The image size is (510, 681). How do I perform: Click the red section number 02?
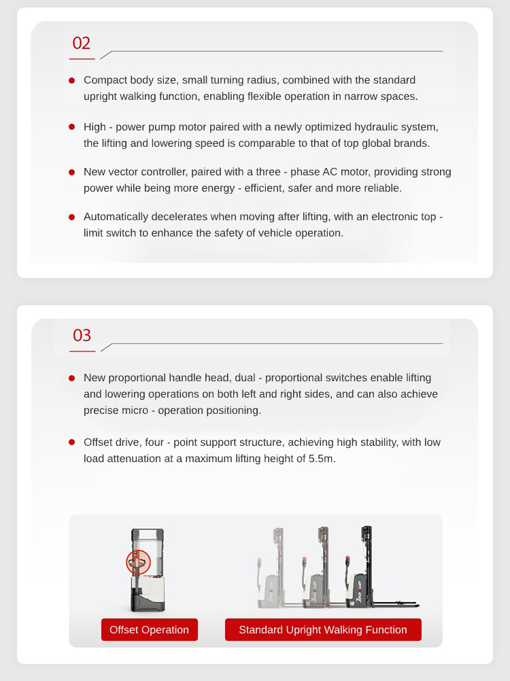[81, 43]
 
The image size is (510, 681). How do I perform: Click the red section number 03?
[82, 335]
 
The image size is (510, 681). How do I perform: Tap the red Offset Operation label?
[150, 630]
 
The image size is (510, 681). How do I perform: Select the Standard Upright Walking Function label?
[323, 630]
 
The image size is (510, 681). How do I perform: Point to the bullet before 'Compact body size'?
[71, 80]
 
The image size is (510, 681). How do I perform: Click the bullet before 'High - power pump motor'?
[71, 127]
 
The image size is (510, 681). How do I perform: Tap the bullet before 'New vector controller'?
[71, 172]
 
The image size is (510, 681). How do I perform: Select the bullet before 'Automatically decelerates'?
[71, 217]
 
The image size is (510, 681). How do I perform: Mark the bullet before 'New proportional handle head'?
[71, 378]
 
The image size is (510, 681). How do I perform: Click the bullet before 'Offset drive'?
[71, 442]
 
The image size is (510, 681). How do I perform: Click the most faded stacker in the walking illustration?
[271, 568]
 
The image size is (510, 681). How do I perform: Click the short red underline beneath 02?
[82, 58]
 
